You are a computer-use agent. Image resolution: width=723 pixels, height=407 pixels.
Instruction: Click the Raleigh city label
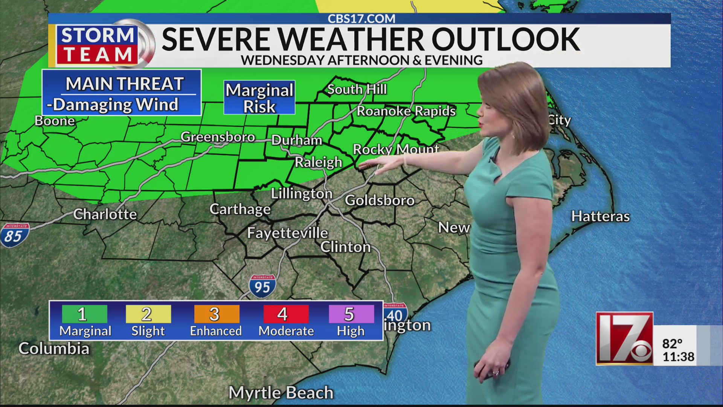tap(318, 162)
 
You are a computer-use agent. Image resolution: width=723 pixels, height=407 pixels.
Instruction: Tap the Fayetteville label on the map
tap(287, 233)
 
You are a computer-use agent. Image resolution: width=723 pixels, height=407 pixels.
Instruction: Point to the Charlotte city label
tap(105, 214)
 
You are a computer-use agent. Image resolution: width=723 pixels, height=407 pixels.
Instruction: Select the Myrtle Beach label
tap(281, 393)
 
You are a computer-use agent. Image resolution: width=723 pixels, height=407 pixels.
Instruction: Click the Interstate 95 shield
tap(262, 286)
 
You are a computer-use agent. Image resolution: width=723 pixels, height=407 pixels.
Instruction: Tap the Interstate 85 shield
tap(14, 235)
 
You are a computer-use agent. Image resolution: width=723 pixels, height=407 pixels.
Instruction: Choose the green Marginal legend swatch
tap(84, 314)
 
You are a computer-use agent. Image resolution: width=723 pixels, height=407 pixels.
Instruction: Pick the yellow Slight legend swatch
tap(148, 314)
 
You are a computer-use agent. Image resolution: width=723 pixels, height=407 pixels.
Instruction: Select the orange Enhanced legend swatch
tap(216, 314)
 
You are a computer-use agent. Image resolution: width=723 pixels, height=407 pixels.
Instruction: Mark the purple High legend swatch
tap(351, 314)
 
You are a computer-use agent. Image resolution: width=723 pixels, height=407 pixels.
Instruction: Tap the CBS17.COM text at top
tap(361, 19)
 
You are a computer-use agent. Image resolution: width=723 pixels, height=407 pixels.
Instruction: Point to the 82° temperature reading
tap(672, 344)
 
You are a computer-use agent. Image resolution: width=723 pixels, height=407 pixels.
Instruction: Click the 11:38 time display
tap(678, 357)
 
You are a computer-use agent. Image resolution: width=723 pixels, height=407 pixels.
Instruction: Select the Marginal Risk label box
tap(259, 98)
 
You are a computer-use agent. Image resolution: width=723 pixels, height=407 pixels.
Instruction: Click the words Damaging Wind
tap(115, 105)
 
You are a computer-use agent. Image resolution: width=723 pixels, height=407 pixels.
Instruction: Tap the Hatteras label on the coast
tap(600, 216)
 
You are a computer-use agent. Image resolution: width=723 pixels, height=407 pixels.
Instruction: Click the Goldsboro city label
tap(380, 200)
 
